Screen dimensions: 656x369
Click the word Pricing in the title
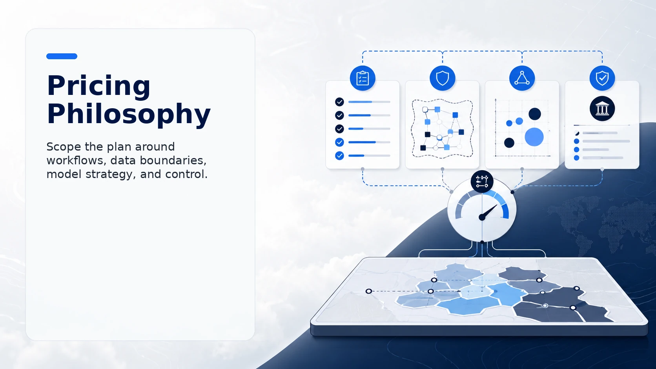(x=98, y=85)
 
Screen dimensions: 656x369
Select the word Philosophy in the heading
(x=129, y=114)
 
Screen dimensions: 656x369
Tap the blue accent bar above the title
(x=62, y=56)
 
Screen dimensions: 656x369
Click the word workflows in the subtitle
(x=76, y=160)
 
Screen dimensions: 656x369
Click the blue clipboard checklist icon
(x=363, y=78)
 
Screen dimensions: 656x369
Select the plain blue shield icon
(x=443, y=78)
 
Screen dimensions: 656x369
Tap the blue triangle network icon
(x=522, y=78)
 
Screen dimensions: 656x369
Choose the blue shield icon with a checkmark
(x=602, y=78)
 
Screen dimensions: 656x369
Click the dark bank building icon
(x=602, y=109)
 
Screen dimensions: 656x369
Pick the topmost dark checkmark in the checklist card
(x=339, y=102)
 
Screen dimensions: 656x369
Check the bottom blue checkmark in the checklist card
(x=339, y=156)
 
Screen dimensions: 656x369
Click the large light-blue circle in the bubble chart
(x=534, y=137)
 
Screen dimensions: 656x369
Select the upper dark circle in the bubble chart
(x=535, y=114)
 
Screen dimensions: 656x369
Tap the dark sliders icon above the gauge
(x=482, y=182)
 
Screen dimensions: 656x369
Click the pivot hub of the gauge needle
(x=482, y=217)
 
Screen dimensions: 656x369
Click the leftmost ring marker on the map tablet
(x=369, y=291)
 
